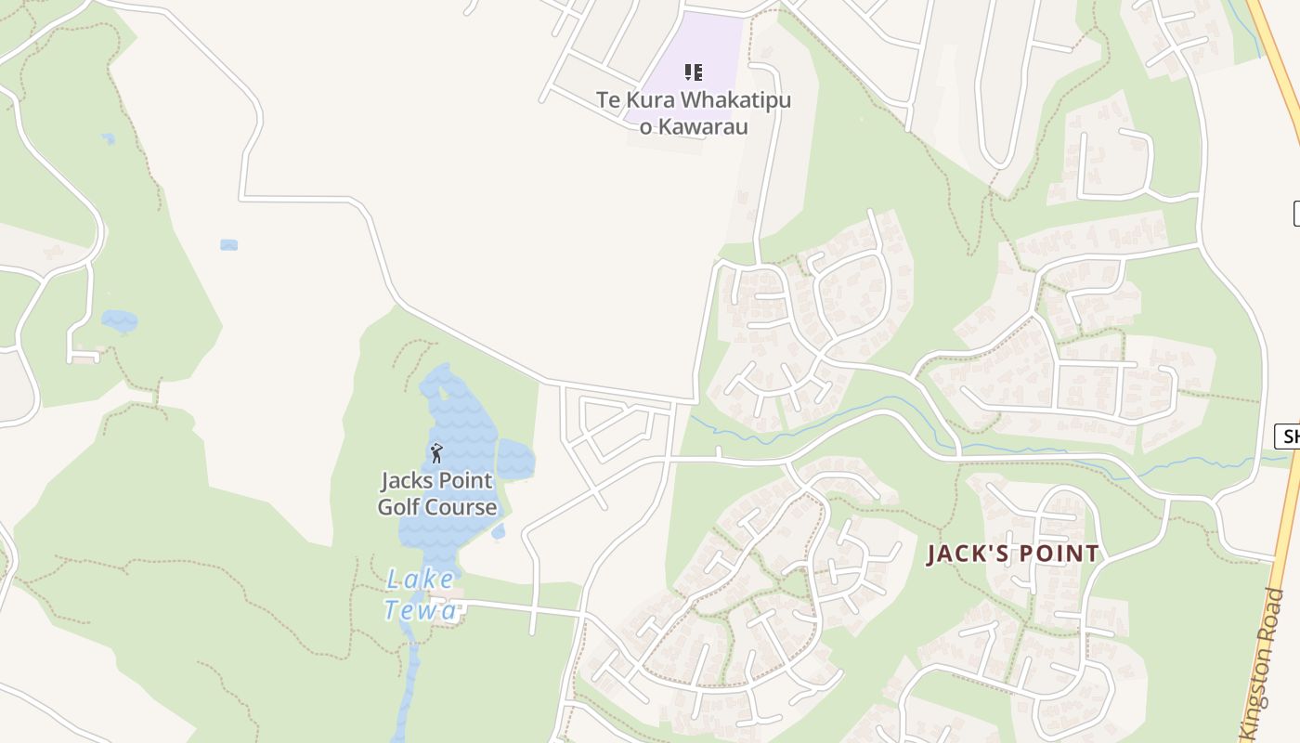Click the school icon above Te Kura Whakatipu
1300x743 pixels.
tap(693, 72)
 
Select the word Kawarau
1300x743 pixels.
tap(707, 127)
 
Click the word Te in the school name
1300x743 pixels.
tap(607, 100)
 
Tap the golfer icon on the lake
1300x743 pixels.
tap(436, 453)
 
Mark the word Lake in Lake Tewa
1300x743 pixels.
tap(421, 580)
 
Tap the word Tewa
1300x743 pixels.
tap(421, 609)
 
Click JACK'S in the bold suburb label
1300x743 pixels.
tap(965, 554)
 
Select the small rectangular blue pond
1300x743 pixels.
tap(228, 245)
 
